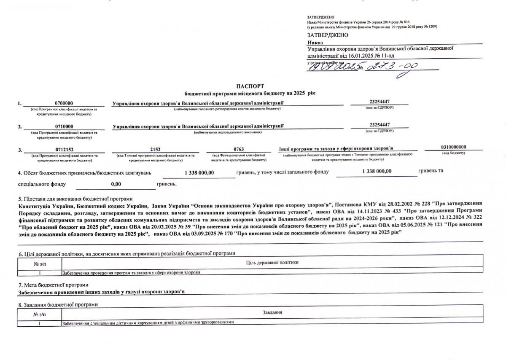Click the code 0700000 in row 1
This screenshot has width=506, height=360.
(64, 103)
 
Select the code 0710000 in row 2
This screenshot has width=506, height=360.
(64, 126)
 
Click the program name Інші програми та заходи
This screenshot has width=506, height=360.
(336, 149)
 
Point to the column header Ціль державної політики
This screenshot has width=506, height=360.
(272, 263)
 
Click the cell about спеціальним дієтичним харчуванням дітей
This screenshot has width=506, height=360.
(148, 322)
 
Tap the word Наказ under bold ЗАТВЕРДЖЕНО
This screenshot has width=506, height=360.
(315, 43)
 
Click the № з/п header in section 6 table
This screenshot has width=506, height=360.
(40, 263)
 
